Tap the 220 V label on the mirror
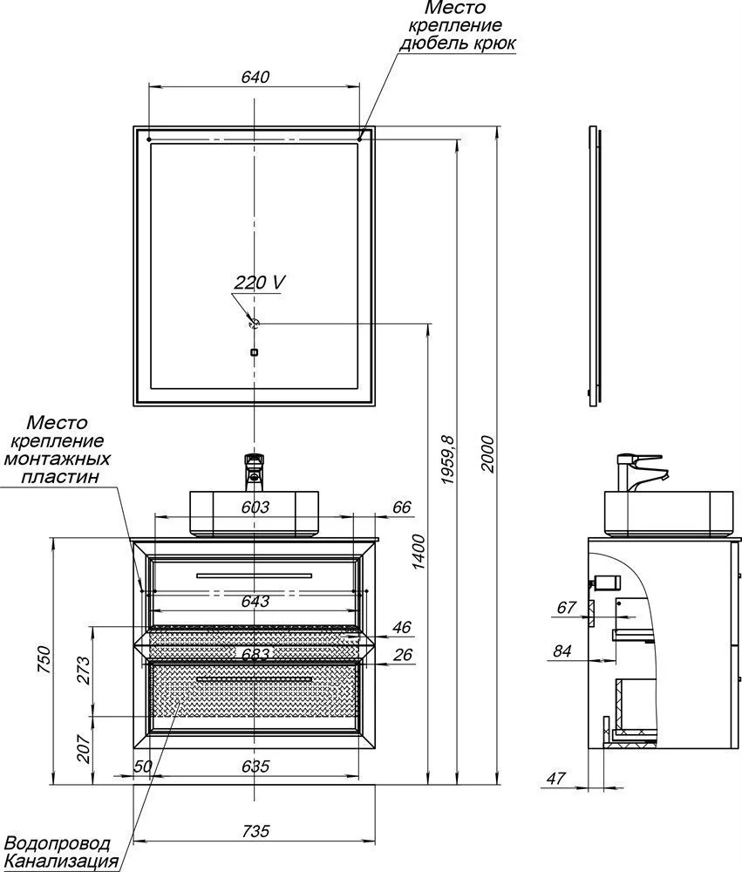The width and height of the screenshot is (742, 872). tap(260, 283)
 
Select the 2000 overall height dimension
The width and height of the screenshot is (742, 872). tap(489, 453)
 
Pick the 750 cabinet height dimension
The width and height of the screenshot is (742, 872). tap(54, 664)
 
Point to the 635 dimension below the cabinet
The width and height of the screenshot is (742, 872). tap(254, 766)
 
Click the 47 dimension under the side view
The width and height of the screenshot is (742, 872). tap(558, 778)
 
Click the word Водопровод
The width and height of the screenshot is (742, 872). tap(58, 844)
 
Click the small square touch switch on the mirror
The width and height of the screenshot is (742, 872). tap(254, 353)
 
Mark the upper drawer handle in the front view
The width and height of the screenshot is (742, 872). tap(254, 575)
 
